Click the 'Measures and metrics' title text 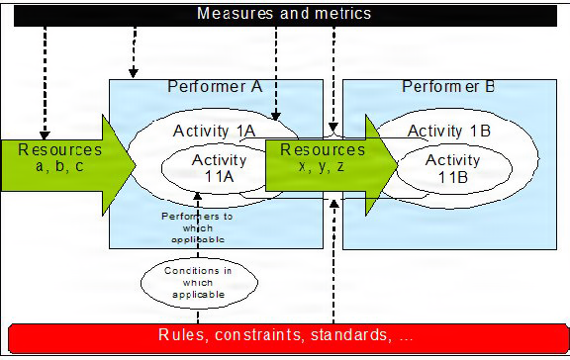point(284,14)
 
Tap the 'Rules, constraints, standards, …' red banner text point(285,335)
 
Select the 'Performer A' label point(214,87)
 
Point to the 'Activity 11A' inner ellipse point(219,169)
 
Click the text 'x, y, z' point(322,166)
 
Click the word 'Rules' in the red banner point(181,335)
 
